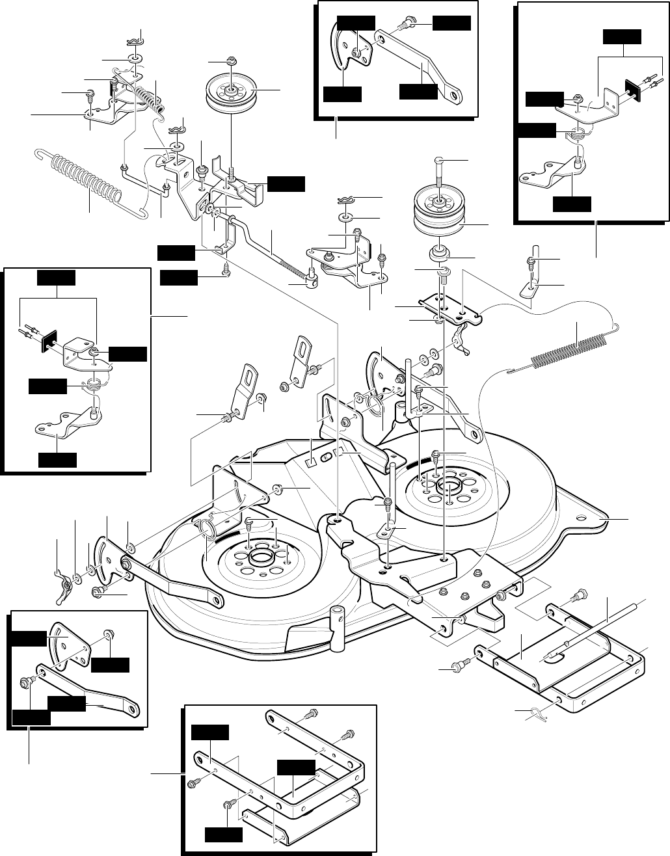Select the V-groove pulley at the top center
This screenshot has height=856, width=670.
(231, 93)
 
